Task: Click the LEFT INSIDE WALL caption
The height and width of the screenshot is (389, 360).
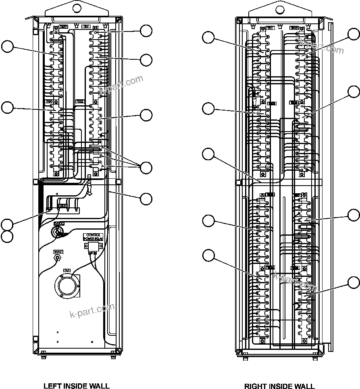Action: [76, 386]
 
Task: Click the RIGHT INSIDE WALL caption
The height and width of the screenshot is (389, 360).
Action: [279, 386]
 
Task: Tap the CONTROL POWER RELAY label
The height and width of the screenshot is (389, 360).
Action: [93, 237]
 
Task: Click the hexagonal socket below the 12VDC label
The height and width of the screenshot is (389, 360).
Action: [57, 257]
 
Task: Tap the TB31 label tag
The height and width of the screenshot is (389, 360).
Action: [86, 27]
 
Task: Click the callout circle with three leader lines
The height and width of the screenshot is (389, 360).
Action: [146, 167]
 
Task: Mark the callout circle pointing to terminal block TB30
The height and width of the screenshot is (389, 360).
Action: [7, 108]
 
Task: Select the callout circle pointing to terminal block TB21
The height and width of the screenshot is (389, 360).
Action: [208, 38]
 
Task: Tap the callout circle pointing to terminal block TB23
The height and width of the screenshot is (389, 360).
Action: [208, 108]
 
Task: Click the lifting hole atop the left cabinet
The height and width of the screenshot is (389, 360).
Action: [76, 8]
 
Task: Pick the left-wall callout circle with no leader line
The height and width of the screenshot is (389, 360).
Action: [7, 237]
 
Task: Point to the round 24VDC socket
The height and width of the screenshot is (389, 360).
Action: [57, 231]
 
